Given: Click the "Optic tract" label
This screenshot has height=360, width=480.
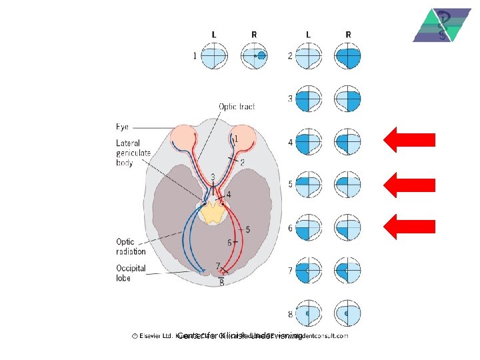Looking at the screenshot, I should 237,107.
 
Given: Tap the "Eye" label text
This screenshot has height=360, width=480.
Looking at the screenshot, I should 123,127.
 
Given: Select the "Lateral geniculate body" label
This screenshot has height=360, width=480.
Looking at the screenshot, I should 133,153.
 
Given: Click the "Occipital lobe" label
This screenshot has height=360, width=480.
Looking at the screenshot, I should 131,273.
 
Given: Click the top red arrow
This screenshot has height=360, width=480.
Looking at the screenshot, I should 409,140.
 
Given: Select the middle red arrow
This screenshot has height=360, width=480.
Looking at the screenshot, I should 409,184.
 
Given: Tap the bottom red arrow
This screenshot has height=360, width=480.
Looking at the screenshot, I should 409,227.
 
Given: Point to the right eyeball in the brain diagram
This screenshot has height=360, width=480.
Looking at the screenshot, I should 244,137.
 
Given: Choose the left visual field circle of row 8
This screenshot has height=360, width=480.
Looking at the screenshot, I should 308,313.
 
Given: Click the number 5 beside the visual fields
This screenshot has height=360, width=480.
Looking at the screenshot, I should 290,185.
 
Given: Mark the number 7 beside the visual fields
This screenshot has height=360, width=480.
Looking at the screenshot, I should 290,271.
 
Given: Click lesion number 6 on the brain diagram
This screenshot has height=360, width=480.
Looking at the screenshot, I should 229,242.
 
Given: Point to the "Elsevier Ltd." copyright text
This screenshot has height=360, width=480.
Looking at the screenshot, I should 153,337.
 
